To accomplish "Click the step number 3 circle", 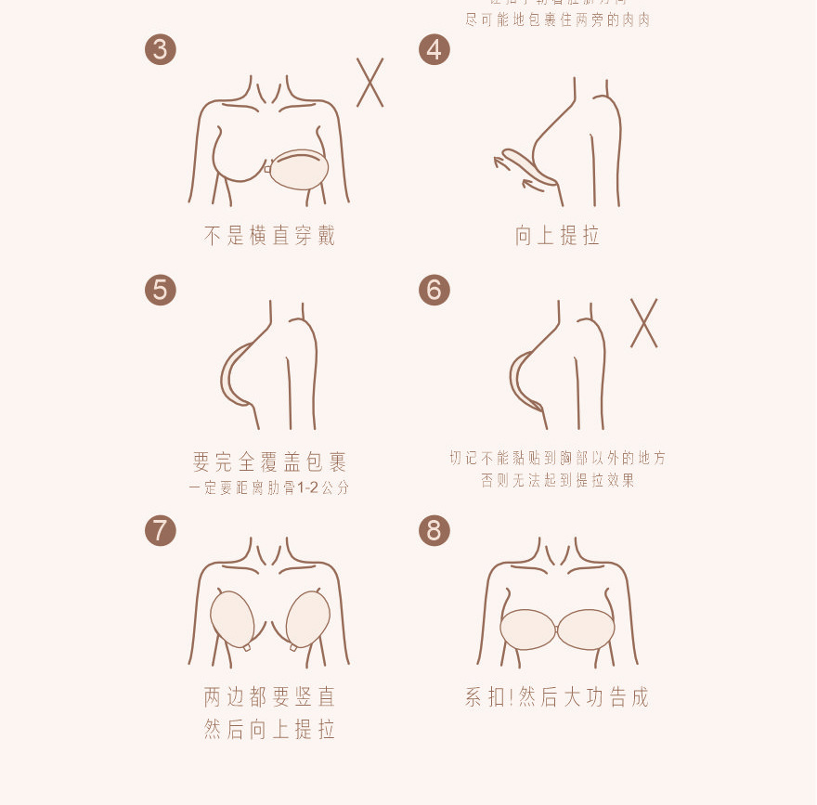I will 161,49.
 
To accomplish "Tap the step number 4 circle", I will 434,49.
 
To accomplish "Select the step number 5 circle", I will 161,290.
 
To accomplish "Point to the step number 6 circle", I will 434,290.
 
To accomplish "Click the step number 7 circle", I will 161,530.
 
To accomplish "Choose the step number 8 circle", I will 434,530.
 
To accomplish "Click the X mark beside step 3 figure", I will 370,83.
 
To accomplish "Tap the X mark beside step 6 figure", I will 643,323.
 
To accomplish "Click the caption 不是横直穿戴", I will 269,236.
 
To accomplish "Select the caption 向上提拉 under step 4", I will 558,236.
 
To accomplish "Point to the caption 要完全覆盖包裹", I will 269,461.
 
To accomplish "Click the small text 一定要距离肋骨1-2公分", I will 269,487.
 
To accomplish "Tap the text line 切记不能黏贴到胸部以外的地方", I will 558,458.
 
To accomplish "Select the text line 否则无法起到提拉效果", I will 558,481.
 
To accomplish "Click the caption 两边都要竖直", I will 269,696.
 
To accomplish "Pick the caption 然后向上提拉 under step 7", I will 269,730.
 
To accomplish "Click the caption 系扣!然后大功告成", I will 558,696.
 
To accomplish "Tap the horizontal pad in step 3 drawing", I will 299,169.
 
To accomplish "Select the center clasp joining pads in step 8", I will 557,630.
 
